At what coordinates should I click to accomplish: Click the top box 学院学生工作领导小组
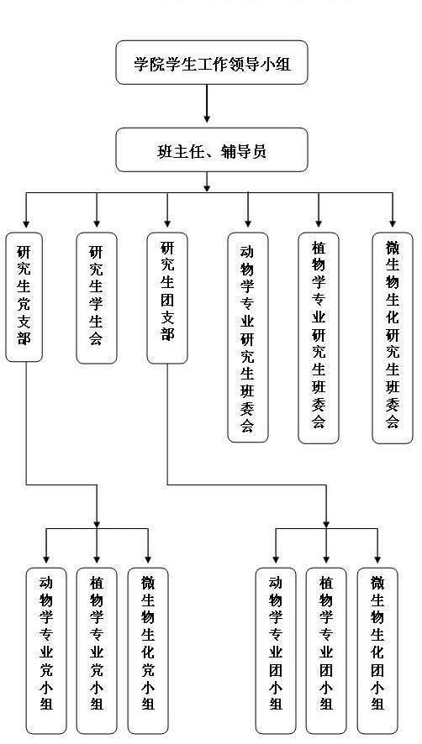(212, 63)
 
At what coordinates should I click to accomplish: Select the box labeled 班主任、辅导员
(212, 150)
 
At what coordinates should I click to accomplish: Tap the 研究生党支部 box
(24, 297)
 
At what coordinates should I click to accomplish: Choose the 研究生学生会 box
(97, 298)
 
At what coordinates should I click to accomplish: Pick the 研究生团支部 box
(167, 298)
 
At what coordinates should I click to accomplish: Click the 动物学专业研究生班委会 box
(248, 338)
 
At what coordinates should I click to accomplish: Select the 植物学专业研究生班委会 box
(319, 338)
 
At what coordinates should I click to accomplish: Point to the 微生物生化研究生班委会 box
(393, 338)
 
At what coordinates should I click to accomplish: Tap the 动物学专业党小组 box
(46, 651)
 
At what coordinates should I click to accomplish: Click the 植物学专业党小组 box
(97, 651)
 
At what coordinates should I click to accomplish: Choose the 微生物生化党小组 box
(148, 651)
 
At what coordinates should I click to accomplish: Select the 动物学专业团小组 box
(276, 651)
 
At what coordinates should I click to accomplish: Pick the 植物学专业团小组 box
(326, 651)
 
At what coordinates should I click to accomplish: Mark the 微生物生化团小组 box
(377, 651)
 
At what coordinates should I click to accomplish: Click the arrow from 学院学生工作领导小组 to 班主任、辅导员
(207, 103)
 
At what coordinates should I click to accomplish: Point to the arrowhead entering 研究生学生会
(97, 223)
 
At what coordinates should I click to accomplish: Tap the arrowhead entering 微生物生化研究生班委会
(393, 223)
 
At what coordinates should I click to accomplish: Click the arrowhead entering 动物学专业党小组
(46, 558)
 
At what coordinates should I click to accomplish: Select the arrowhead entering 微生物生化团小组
(377, 558)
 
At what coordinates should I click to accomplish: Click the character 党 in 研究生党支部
(24, 305)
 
